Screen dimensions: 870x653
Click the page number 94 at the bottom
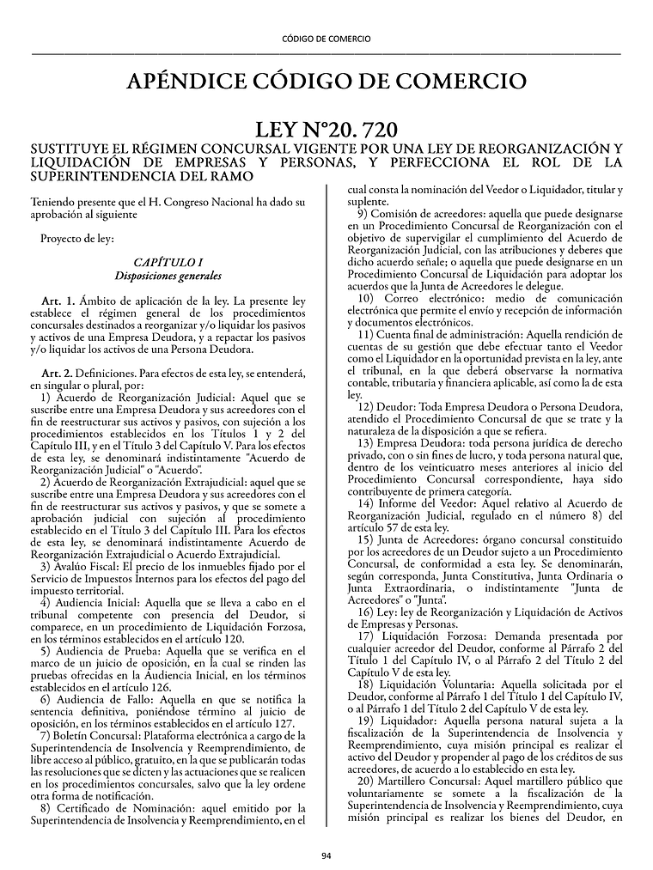[x=326, y=855]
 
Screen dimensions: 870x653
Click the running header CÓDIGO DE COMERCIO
[x=326, y=39]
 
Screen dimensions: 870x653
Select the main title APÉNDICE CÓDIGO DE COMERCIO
[x=326, y=82]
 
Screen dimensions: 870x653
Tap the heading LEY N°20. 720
[x=326, y=131]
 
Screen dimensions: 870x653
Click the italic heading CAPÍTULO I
[x=168, y=261]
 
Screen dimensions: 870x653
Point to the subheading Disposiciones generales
[x=168, y=276]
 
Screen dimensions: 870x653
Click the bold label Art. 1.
[x=58, y=301]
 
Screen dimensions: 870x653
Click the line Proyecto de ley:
[x=76, y=238]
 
